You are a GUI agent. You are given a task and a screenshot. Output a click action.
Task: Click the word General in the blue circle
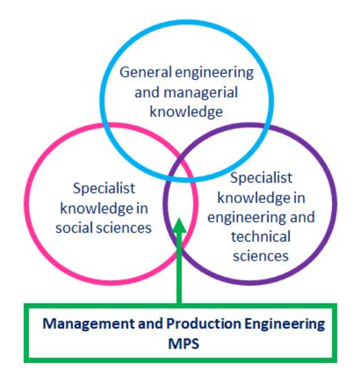(x=145, y=72)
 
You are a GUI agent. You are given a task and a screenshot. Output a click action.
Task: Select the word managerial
(x=201, y=93)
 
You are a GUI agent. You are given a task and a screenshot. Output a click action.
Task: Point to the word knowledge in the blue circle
(x=186, y=112)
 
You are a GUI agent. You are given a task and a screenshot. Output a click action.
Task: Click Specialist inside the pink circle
(x=104, y=188)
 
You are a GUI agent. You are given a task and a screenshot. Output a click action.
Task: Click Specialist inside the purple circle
(x=262, y=178)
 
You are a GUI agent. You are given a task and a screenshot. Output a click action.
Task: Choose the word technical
(x=261, y=237)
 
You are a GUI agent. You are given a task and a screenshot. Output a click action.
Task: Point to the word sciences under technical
(x=261, y=256)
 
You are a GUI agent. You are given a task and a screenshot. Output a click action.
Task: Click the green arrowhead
(x=179, y=225)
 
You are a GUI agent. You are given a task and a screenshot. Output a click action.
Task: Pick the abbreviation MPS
(x=184, y=344)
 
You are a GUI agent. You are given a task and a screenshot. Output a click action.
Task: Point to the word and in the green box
(x=150, y=324)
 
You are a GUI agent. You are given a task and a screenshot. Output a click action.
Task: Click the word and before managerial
(x=147, y=93)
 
